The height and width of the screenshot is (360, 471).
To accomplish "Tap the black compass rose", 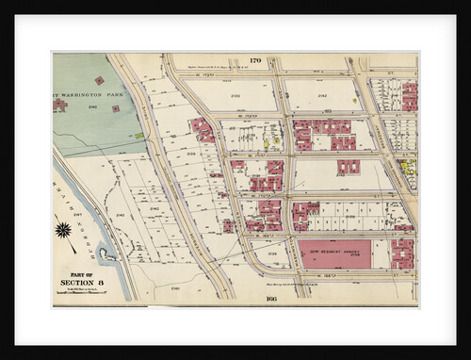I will click(x=64, y=229).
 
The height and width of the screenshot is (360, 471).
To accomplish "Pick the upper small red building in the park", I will click(x=98, y=80).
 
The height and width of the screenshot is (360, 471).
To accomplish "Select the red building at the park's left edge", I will click(x=59, y=106).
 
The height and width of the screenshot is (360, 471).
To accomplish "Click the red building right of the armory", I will click(x=402, y=253).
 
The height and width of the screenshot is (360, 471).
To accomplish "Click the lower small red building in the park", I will click(x=115, y=108).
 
